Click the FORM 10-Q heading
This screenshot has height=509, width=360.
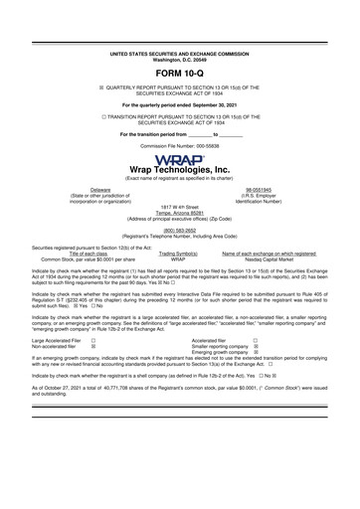point(179,75)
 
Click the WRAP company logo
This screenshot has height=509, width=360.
point(179,158)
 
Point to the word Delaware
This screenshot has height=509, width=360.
point(74,187)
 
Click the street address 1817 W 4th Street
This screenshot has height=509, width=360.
point(179,205)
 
